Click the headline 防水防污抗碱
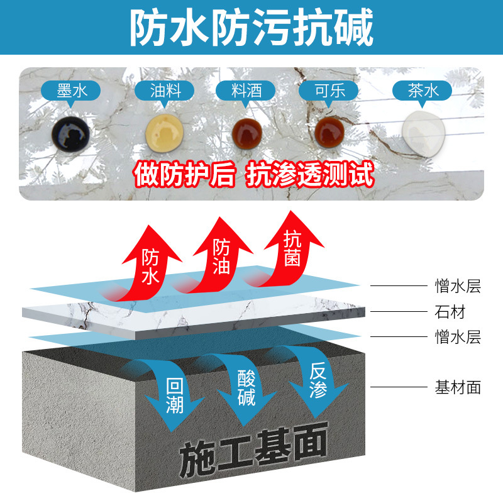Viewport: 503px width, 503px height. click(x=251, y=28)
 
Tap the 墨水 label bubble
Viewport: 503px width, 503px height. click(x=70, y=92)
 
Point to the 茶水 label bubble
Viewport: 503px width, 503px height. click(x=423, y=92)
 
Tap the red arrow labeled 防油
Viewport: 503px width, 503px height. click(x=220, y=255)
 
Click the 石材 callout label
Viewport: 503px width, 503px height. click(x=450, y=312)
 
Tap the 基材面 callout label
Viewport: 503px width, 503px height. click(x=458, y=387)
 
